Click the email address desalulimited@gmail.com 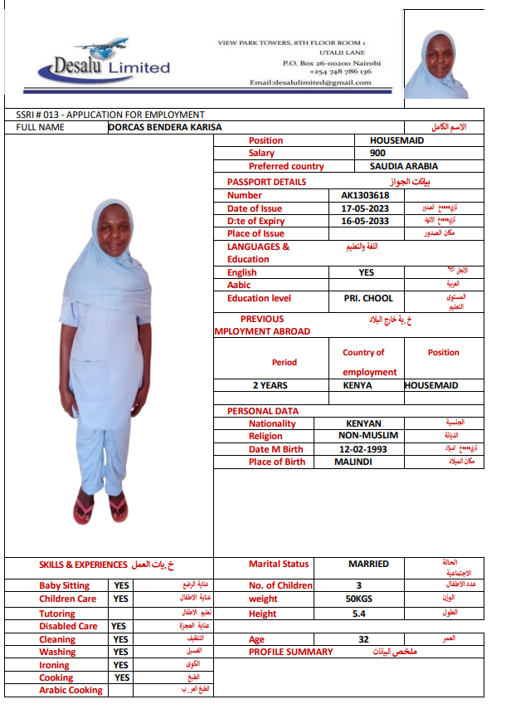click(310, 82)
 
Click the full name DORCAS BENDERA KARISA click(165, 127)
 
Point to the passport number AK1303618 click(365, 195)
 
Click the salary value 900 click(377, 153)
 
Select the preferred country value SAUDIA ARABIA click(404, 166)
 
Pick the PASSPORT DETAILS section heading click(266, 182)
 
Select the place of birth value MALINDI click(353, 462)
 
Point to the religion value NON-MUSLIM click(368, 435)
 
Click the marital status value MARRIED click(368, 564)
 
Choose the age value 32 click(363, 639)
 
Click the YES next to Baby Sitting click(120, 586)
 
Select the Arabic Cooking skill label click(71, 690)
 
